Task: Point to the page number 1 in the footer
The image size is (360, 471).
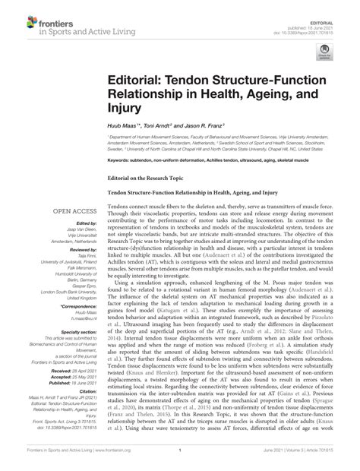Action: (x=180, y=462)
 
